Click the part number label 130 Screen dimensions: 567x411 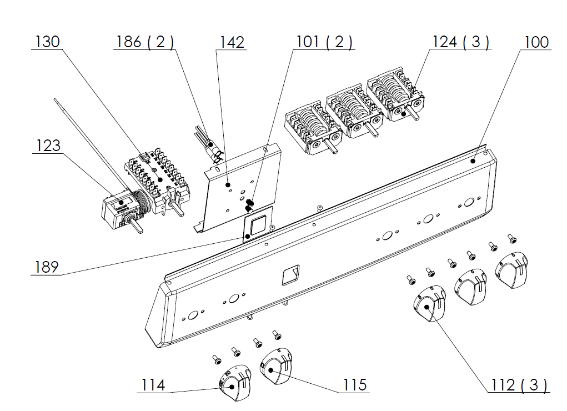coord(47,42)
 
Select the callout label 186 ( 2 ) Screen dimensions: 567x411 coord(144,42)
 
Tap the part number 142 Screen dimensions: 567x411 coord(232,42)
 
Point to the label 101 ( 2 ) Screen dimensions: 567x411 coord(324,42)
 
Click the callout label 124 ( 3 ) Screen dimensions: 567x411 coord(461,42)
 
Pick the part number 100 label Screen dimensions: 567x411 coord(536,42)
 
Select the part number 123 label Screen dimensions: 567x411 coord(48,146)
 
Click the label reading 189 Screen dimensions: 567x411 coord(46,267)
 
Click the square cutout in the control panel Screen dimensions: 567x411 coord(291,274)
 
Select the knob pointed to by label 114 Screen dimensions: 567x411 coord(235,383)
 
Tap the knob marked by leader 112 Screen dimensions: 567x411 coord(429,303)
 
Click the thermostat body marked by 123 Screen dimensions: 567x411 coord(120,211)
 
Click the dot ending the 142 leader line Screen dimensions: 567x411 coord(228,185)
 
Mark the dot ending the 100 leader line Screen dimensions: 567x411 coord(473,161)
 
